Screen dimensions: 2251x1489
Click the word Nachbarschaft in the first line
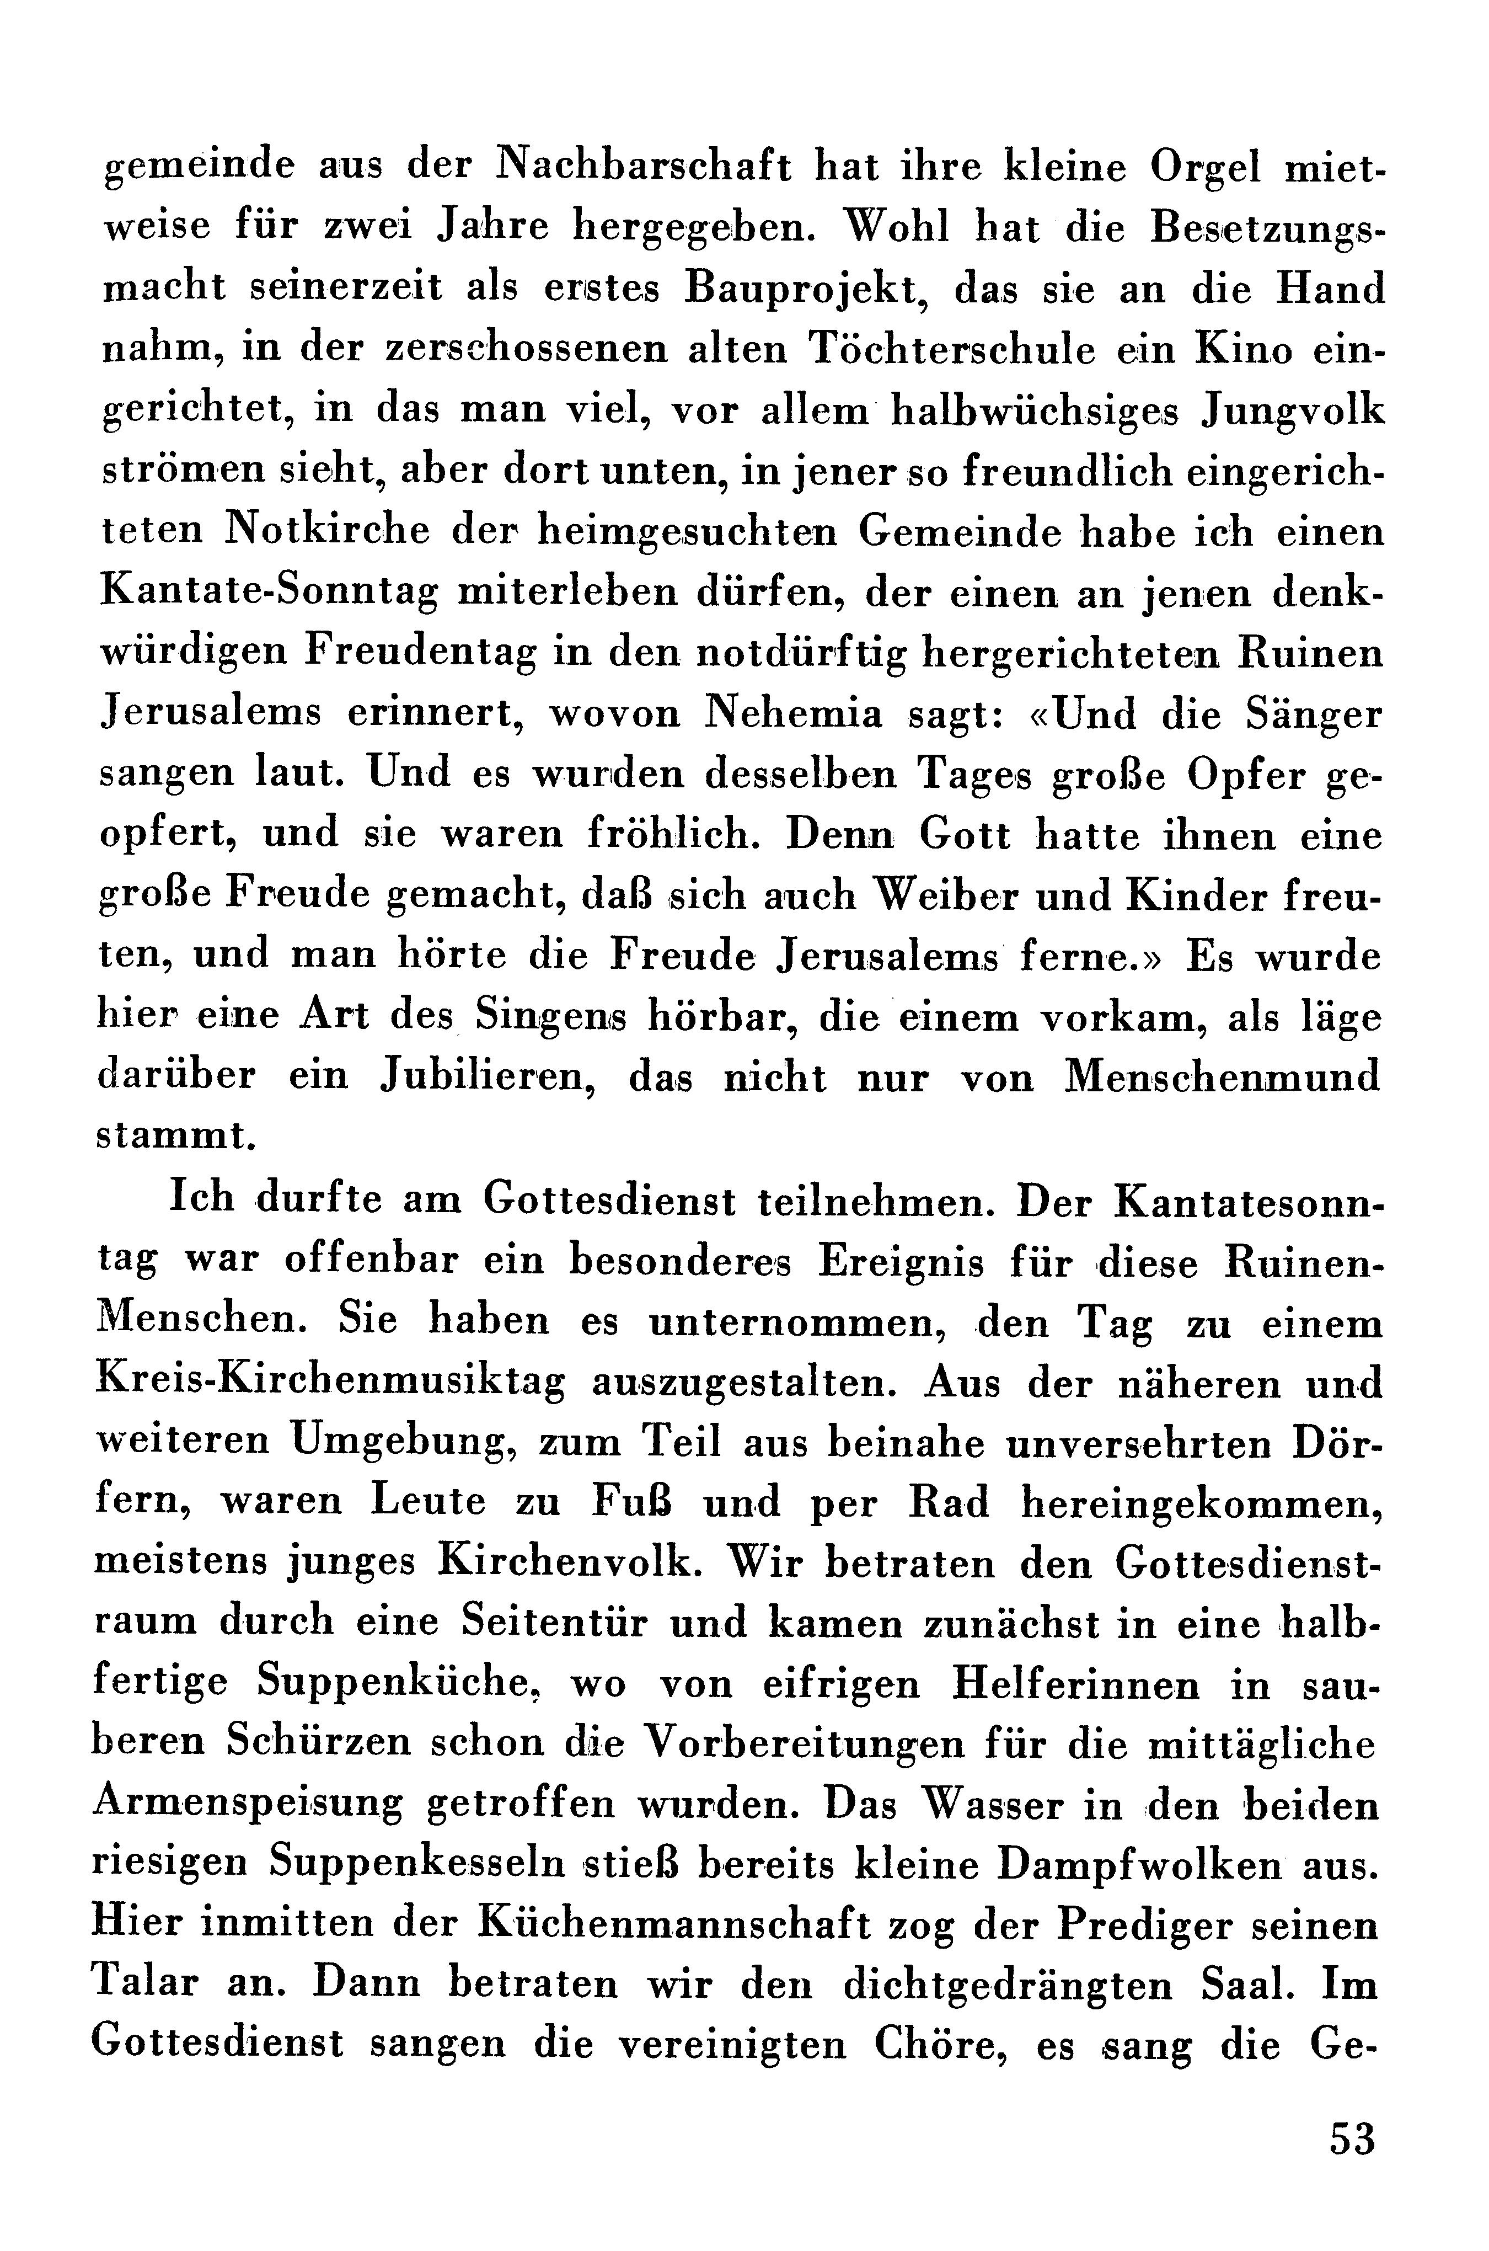[x=644, y=169]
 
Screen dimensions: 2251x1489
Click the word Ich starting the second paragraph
[x=200, y=1199]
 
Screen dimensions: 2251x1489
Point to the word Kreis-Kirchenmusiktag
[x=330, y=1384]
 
